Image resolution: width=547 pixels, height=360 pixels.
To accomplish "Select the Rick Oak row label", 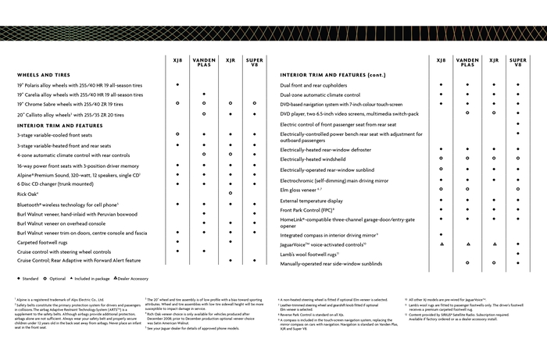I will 28,194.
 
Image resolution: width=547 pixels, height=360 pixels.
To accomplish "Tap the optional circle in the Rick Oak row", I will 231,194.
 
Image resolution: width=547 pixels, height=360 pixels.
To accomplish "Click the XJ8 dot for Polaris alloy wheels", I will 178,84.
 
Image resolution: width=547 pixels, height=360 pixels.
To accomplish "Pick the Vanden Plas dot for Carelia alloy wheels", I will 204,94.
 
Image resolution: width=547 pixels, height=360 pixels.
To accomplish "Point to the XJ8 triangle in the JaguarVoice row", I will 442,244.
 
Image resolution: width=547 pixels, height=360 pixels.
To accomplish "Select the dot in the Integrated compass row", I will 442,234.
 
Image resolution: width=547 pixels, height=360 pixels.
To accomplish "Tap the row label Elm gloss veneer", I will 301,189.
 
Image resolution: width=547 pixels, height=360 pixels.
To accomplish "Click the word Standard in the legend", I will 30,279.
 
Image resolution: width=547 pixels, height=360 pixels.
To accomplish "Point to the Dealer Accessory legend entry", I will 129,279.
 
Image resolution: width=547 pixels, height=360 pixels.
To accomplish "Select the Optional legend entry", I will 59,279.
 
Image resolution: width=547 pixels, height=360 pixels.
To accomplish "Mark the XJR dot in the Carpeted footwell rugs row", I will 231,242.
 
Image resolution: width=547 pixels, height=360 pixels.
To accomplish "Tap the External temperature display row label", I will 315,200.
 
